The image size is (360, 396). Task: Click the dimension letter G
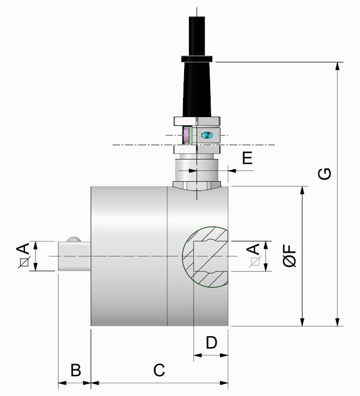324,174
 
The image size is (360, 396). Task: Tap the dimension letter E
247,158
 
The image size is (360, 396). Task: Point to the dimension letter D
211,342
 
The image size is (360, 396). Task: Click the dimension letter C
159,370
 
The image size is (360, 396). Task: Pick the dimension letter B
75,370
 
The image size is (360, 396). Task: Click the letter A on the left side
22,249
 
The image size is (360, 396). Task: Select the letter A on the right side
253,249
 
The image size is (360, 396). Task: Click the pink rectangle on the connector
187,135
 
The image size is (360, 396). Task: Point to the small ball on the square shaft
73,239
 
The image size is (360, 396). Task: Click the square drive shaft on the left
73,256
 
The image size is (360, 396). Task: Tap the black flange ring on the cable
197,58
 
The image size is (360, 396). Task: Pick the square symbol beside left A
23,263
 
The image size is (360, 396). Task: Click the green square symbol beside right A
255,263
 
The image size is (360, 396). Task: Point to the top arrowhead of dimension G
338,66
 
